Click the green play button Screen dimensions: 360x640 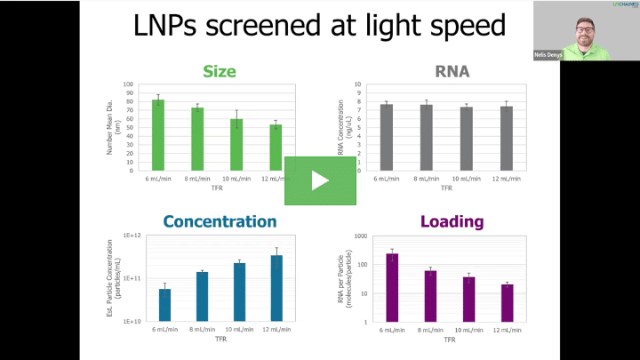(x=319, y=180)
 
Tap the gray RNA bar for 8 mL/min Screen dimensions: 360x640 (x=426, y=138)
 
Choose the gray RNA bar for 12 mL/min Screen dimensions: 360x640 (x=507, y=139)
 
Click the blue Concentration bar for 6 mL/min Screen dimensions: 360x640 (x=164, y=305)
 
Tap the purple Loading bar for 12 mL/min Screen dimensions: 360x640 (x=507, y=303)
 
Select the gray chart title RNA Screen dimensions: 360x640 (x=452, y=70)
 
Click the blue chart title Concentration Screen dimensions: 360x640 (x=220, y=221)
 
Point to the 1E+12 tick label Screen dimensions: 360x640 (x=132, y=236)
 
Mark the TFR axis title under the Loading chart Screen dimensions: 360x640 (x=451, y=339)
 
